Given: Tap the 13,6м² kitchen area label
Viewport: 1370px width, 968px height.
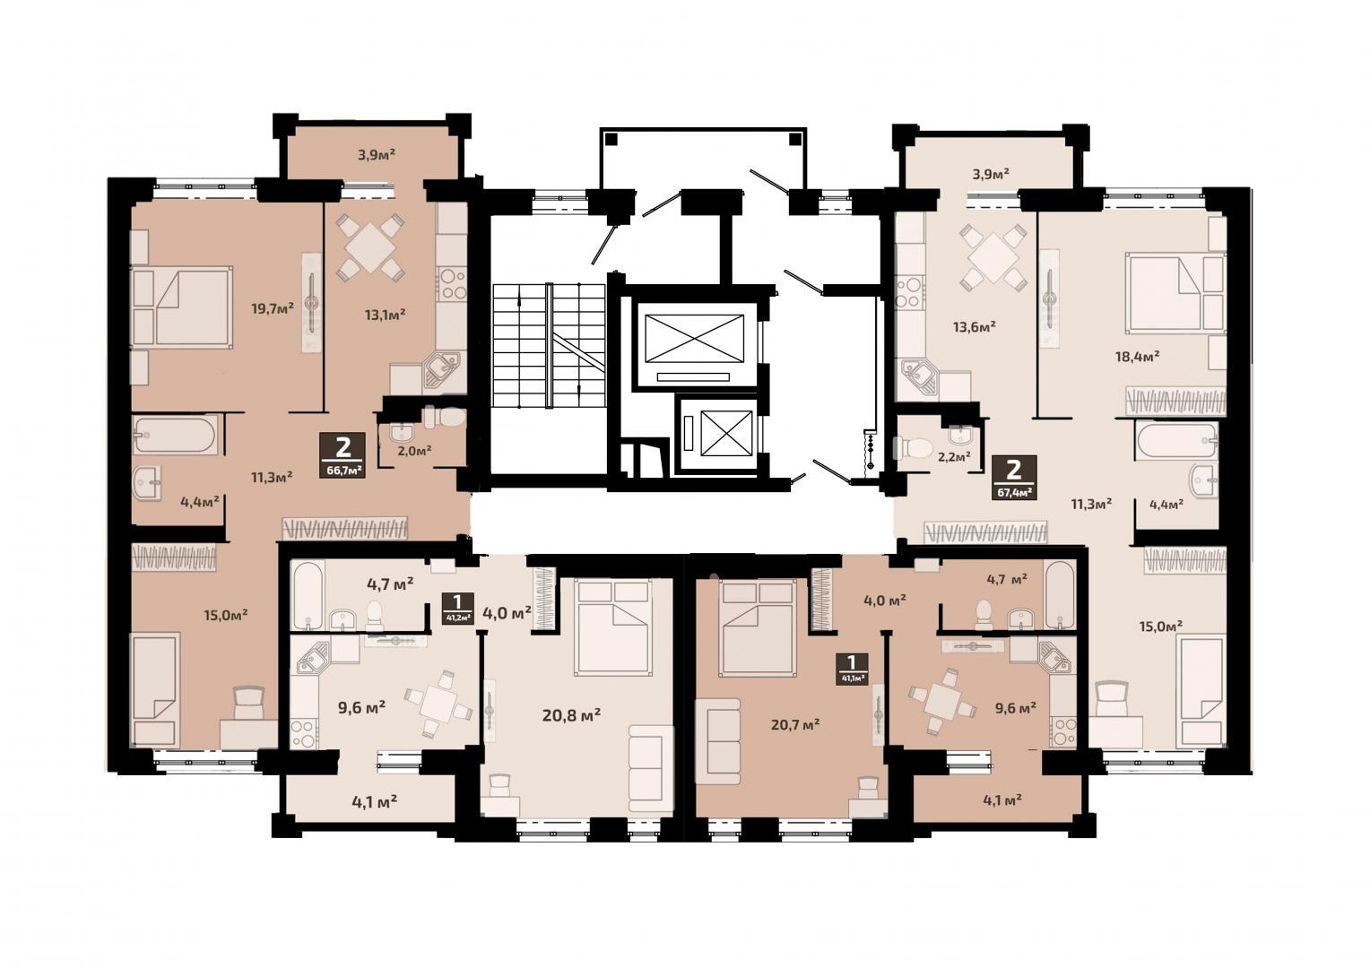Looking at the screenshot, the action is (x=975, y=326).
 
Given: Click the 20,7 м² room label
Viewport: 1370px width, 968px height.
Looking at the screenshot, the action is (x=795, y=724).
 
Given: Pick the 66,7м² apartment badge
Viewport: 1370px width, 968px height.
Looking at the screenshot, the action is (x=343, y=455).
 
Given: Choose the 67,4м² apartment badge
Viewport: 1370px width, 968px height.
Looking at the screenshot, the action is (x=1014, y=478).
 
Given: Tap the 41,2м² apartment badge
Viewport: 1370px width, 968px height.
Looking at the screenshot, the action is (x=458, y=607).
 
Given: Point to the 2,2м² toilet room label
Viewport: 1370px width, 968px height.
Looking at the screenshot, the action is (x=954, y=456).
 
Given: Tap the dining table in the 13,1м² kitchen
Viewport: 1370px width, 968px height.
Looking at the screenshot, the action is (x=370, y=247).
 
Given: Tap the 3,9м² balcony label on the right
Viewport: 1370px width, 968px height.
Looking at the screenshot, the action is (x=991, y=174).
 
